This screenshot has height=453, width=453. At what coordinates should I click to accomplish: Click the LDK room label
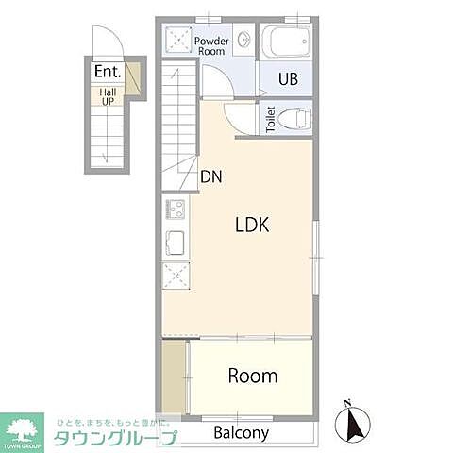point(253,226)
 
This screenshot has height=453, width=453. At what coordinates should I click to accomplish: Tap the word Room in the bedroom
point(253,376)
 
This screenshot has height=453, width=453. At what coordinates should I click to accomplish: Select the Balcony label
point(241,433)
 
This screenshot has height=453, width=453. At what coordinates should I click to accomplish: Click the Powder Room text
point(211,45)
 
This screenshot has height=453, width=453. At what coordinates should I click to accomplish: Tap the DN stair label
point(210,176)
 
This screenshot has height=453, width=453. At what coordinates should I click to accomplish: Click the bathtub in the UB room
point(286,42)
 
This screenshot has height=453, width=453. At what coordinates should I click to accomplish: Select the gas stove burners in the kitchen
point(176,209)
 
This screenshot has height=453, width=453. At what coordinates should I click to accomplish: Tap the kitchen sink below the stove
point(176,241)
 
